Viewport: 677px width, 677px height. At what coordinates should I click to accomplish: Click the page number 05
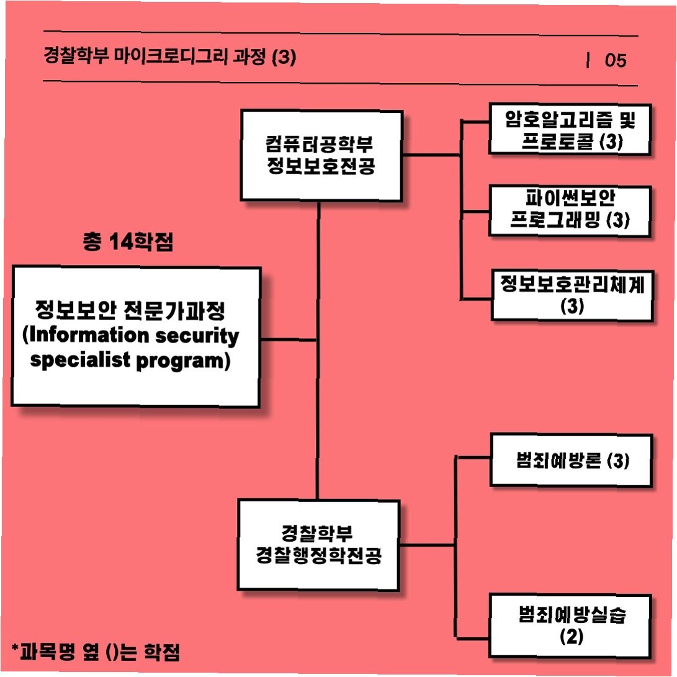pos(616,60)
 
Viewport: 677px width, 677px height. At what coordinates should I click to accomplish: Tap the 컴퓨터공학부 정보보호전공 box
pos(321,156)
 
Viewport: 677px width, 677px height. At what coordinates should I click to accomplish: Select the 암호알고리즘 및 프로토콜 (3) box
pos(570,129)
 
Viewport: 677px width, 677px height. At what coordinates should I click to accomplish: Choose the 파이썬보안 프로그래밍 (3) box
pos(570,210)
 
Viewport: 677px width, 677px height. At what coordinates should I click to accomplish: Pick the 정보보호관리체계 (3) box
pos(572,295)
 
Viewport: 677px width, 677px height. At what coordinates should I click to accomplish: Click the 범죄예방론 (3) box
pos(572,460)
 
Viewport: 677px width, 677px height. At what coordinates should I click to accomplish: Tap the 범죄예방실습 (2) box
pos(572,625)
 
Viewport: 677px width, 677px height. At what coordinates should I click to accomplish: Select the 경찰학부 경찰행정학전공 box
pos(318,545)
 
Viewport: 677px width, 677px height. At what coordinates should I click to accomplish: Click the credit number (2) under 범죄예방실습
pos(572,637)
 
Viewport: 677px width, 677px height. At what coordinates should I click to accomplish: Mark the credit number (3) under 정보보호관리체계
pos(572,306)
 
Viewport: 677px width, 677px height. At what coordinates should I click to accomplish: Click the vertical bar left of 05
pos(587,60)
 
